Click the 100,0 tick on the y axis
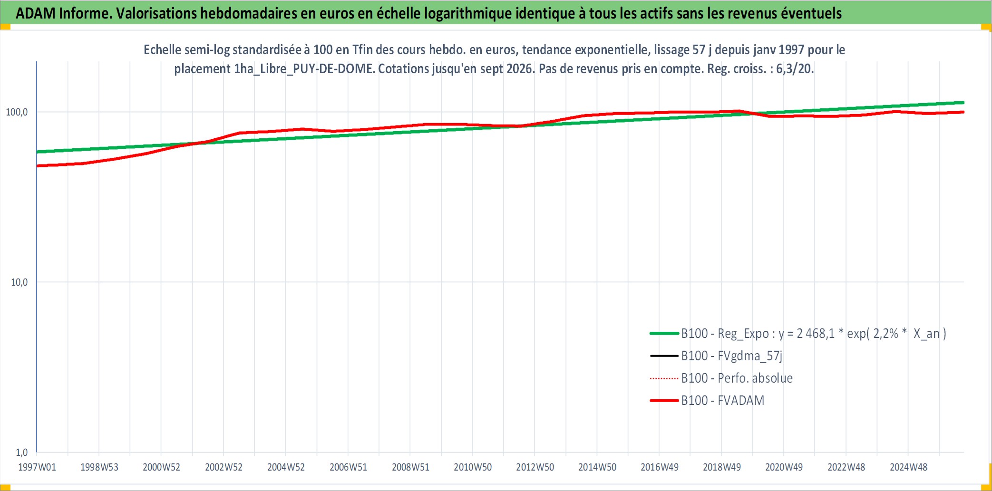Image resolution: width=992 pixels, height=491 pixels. (x=17, y=112)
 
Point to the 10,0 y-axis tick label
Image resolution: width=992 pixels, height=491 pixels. (x=19, y=282)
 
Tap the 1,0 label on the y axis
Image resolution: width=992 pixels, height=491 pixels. (x=22, y=452)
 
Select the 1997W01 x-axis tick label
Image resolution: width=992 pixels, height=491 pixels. (x=37, y=467)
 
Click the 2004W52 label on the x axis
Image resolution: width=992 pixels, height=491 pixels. (x=286, y=467)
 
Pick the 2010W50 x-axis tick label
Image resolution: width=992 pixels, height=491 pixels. (x=473, y=467)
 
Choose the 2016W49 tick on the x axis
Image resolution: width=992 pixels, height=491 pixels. (x=660, y=467)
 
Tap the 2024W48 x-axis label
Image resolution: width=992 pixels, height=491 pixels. (x=908, y=467)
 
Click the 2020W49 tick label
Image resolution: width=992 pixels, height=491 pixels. (x=784, y=467)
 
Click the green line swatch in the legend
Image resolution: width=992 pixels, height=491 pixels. (x=664, y=334)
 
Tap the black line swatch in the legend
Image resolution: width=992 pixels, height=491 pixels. (x=664, y=356)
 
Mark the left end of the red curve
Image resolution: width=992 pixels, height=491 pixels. (x=37, y=166)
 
